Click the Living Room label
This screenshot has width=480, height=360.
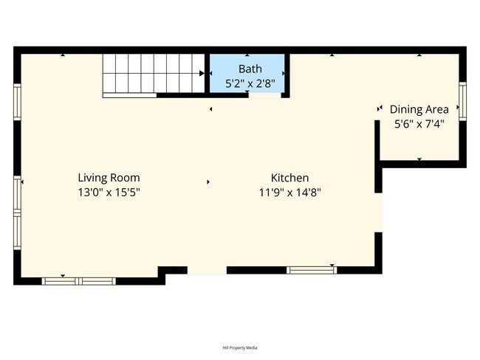[x=109, y=178]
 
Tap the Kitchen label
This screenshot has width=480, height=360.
[x=289, y=178]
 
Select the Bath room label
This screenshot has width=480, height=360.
[x=250, y=69]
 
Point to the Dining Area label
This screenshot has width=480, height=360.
[x=419, y=109]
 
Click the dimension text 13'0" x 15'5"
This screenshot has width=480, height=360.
[x=109, y=193]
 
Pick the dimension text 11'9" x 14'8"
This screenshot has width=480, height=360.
[x=290, y=193]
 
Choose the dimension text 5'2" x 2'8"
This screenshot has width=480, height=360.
[x=250, y=83]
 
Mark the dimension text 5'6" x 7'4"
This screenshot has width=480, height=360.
[x=419, y=124]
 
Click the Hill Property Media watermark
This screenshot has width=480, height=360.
[x=240, y=347]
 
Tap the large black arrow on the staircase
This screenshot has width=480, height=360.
[x=202, y=74]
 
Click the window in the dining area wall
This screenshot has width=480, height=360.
[x=462, y=101]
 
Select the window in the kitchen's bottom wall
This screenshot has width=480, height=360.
[x=312, y=270]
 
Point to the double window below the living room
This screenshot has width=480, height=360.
[x=79, y=281]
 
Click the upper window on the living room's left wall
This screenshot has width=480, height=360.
[x=17, y=102]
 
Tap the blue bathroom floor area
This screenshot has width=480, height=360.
[x=247, y=73]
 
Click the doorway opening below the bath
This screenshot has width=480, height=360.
[x=264, y=95]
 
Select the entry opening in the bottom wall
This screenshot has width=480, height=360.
[x=207, y=270]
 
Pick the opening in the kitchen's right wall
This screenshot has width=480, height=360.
[x=379, y=212]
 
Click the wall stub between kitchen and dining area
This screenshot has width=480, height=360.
[x=377, y=156]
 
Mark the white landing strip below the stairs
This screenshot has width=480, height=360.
[x=129, y=95]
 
